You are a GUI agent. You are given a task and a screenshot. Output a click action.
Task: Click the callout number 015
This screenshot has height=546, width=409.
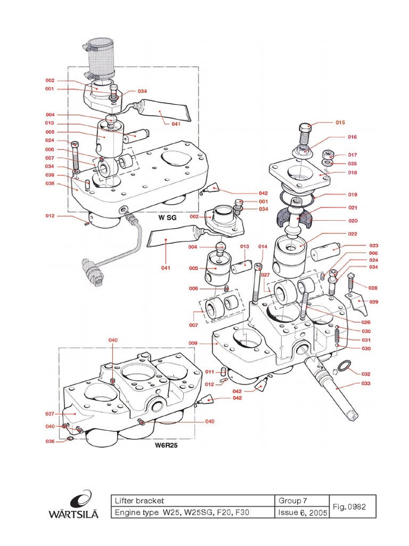click(340, 123)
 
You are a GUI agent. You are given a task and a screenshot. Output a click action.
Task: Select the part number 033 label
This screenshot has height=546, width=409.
click(365, 383)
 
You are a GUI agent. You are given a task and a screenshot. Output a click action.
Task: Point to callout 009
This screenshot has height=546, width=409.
click(193, 343)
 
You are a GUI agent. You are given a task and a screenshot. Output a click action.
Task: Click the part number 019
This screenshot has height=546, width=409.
click(353, 195)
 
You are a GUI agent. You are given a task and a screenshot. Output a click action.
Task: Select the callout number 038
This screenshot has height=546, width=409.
click(50, 183)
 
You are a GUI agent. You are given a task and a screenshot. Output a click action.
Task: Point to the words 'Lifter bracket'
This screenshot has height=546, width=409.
click(140, 501)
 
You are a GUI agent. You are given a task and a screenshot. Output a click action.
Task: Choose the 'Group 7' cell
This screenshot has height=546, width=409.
click(293, 501)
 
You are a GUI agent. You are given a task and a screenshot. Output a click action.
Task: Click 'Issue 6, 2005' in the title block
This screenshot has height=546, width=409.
click(302, 513)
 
